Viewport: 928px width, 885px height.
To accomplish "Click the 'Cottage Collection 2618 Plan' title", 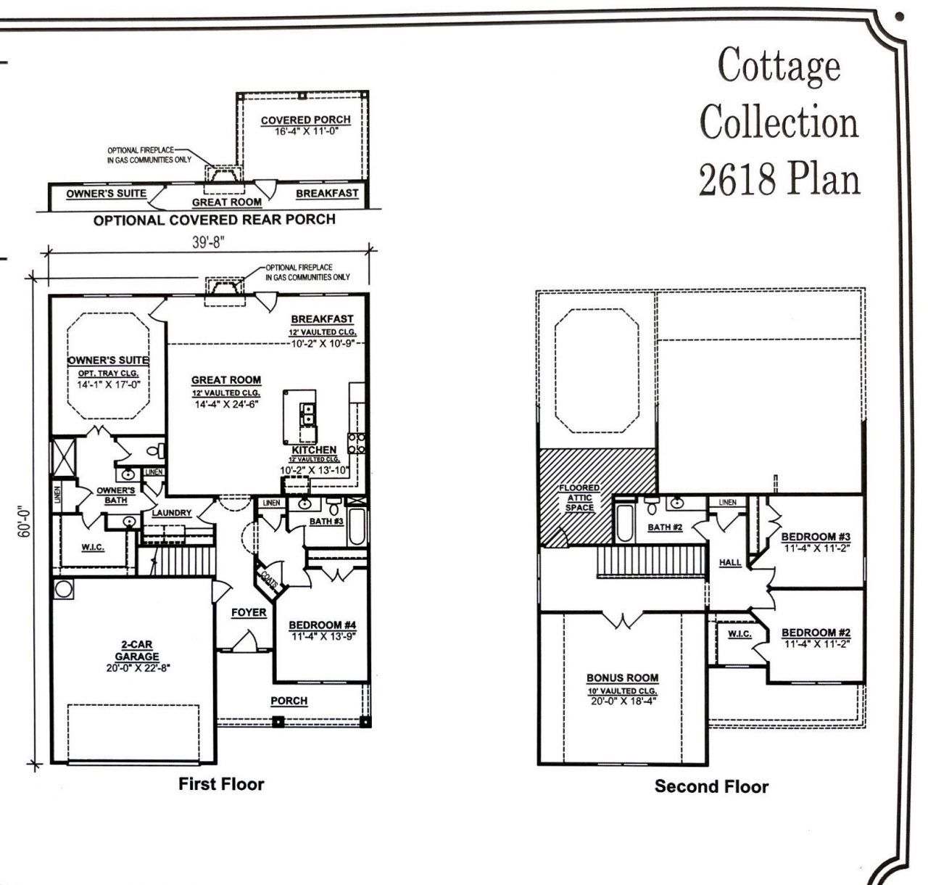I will (x=779, y=122).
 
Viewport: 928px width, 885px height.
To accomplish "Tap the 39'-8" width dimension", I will (x=209, y=242).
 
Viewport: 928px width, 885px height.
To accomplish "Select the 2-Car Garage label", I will (x=136, y=656).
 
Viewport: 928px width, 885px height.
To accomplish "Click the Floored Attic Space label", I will (x=579, y=498).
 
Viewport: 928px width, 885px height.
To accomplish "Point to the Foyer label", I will (x=249, y=613).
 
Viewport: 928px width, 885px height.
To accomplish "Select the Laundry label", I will (x=172, y=513).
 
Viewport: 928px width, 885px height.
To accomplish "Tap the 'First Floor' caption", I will (x=221, y=783).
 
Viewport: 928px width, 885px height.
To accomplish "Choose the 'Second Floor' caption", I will (x=710, y=786).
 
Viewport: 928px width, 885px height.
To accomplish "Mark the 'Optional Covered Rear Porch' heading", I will (x=215, y=220).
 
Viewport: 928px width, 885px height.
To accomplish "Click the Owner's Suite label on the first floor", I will (x=108, y=361).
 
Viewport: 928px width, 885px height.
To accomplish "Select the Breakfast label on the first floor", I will (x=322, y=319).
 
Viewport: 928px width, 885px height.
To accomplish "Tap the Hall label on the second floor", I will (x=729, y=562).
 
